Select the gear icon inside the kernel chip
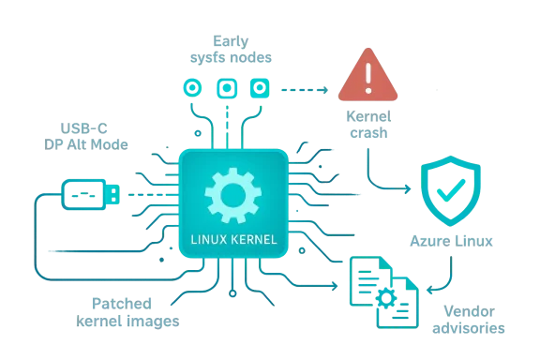pyautogui.click(x=232, y=194)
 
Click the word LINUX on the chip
pyautogui.click(x=208, y=239)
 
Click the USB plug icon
pyautogui.click(x=89, y=192)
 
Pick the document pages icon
pyautogui.click(x=383, y=292)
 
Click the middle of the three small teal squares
pyautogui.click(x=226, y=88)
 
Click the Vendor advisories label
pyautogui.click(x=468, y=320)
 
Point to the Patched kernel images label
pyautogui.click(x=127, y=312)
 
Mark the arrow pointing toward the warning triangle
pyautogui.click(x=305, y=89)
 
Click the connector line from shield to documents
pyautogui.click(x=450, y=275)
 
